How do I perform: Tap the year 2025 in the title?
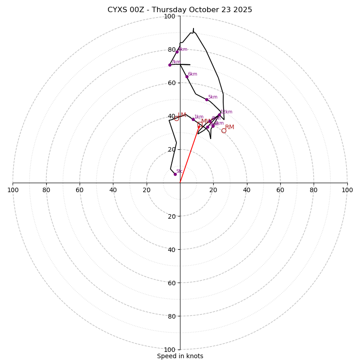point(243,10)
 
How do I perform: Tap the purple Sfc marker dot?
point(175,174)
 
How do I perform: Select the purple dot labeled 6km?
point(187,76)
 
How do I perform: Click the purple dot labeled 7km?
point(170,65)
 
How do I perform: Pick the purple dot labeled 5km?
point(207,99)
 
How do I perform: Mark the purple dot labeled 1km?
point(193,119)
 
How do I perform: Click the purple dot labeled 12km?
point(219,115)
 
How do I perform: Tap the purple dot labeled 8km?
point(177,52)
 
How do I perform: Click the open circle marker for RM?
point(224,130)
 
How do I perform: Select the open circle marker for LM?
point(176,118)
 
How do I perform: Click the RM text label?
point(229,127)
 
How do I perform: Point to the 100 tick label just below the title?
point(170,17)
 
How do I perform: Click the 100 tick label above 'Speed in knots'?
point(170,350)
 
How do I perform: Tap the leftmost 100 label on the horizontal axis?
point(13,190)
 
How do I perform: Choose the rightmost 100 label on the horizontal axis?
point(347,190)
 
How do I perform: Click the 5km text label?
point(212,97)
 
